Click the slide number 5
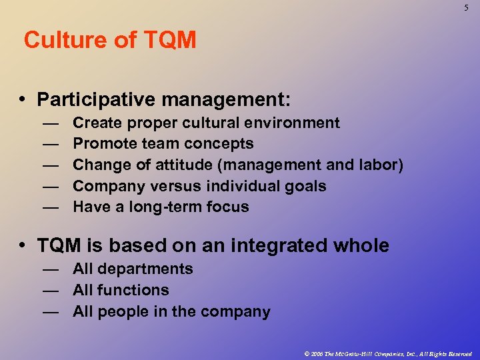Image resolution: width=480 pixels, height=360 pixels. click(467, 7)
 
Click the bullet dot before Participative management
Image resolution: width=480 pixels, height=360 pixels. click(23, 100)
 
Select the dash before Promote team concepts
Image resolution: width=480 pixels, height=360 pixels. click(50, 144)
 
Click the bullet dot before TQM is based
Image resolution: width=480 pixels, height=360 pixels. click(23, 246)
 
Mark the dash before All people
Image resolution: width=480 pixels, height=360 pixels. click(50, 312)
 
